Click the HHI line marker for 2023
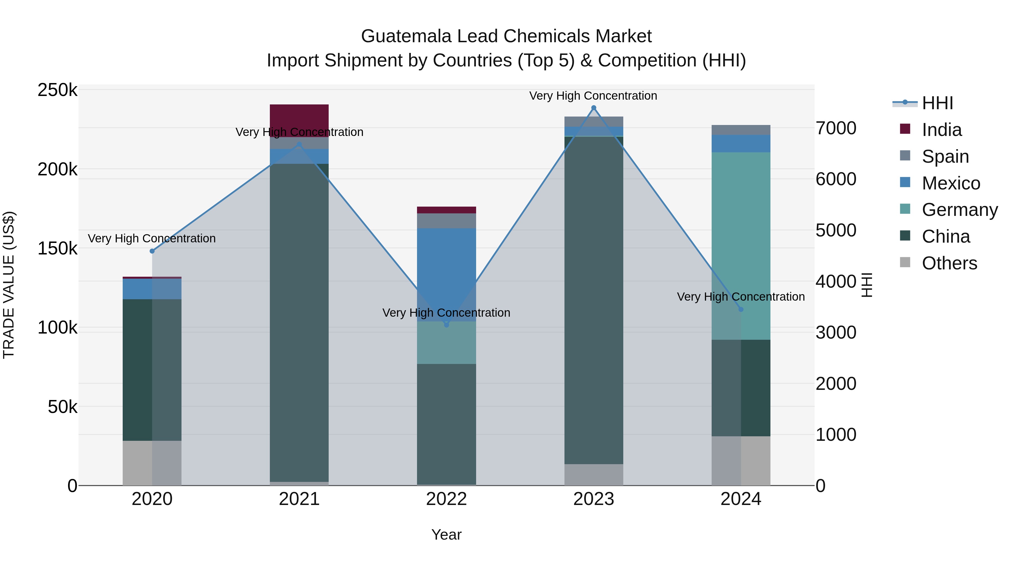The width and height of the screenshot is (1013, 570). pyautogui.click(x=594, y=108)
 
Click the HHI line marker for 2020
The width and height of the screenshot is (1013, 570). pyautogui.click(x=152, y=251)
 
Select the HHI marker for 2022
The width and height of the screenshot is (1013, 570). pyautogui.click(x=446, y=325)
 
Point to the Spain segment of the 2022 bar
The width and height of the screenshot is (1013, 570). pyautogui.click(x=446, y=221)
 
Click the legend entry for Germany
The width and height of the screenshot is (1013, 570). pyautogui.click(x=960, y=210)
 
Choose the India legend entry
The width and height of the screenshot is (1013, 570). pyautogui.click(x=942, y=130)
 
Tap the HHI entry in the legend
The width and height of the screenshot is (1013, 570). pyautogui.click(x=937, y=103)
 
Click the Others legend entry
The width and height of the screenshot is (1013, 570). pyautogui.click(x=949, y=263)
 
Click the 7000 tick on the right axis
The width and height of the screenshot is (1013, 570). pyautogui.click(x=836, y=128)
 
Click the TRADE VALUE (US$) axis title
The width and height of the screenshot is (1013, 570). pyautogui.click(x=9, y=285)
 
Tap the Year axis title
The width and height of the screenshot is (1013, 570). pyautogui.click(x=446, y=535)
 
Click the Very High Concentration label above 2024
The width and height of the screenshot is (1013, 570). pyautogui.click(x=741, y=297)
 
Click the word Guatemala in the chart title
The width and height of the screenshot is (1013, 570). pyautogui.click(x=406, y=36)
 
